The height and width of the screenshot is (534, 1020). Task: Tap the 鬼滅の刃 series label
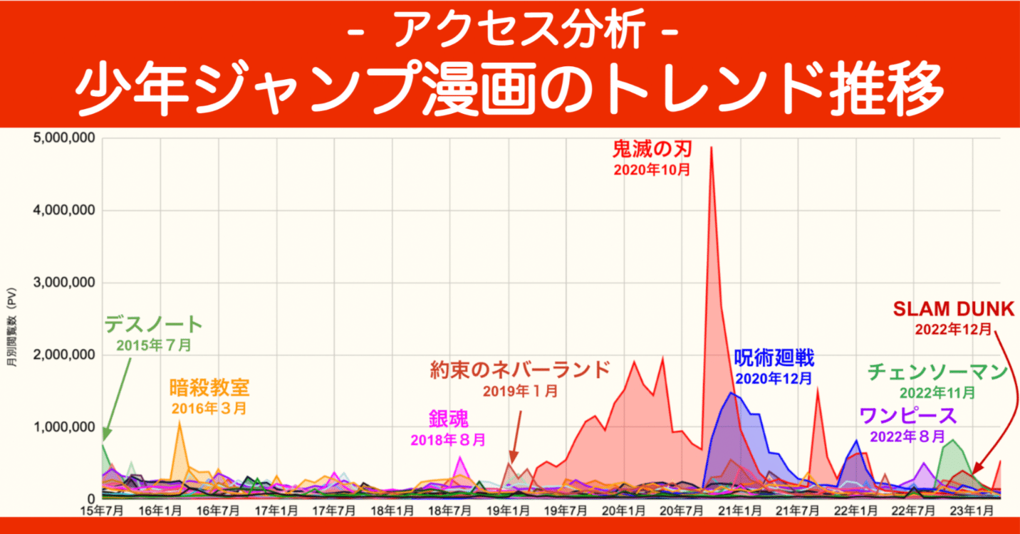(x=652, y=148)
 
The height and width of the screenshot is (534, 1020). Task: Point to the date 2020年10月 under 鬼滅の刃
(x=652, y=170)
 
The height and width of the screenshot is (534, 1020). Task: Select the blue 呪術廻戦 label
(x=774, y=357)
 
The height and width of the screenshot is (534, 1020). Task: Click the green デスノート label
(x=154, y=325)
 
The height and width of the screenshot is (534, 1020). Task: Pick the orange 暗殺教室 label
(x=209, y=388)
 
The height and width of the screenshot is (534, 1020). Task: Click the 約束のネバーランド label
(x=520, y=370)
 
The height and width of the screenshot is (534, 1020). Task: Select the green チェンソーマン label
(x=937, y=372)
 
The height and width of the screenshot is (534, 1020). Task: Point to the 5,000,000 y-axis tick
(x=64, y=138)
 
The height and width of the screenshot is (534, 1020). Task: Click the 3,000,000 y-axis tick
(x=64, y=283)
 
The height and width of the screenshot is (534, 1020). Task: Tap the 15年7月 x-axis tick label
(x=102, y=511)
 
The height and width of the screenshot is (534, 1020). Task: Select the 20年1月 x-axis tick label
(x=624, y=511)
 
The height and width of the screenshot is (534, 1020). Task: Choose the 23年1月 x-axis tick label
(x=972, y=511)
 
